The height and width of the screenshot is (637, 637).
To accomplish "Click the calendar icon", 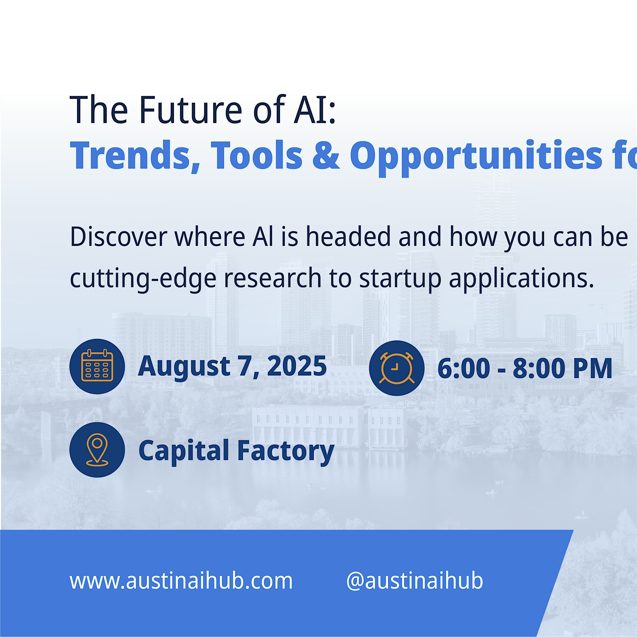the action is pos(97,366).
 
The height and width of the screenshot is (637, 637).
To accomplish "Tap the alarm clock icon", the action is pos(397,368).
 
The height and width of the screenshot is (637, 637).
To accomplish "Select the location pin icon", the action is pos(97,450).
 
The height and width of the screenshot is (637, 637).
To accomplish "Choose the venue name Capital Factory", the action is pos(236,450).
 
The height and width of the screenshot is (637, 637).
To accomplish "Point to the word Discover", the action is pos(118,237).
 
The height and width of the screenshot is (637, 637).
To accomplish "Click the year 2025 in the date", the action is pos(297,366).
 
